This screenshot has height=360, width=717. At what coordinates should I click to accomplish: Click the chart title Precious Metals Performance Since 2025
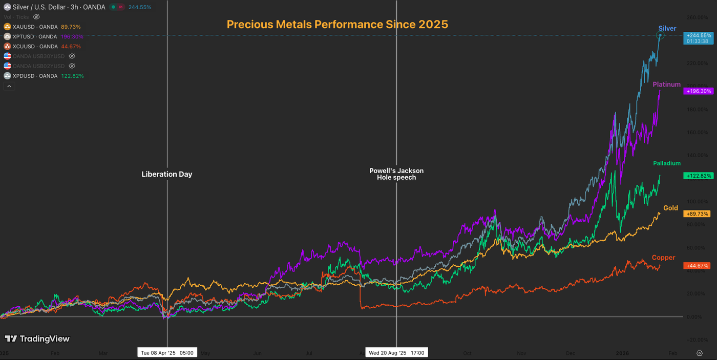click(x=337, y=24)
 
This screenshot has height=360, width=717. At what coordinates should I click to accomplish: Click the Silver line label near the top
click(x=667, y=29)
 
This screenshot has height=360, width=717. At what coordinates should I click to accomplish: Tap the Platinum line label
click(x=666, y=84)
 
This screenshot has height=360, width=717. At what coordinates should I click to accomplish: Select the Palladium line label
click(x=666, y=163)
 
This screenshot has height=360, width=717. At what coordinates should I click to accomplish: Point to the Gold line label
click(x=670, y=208)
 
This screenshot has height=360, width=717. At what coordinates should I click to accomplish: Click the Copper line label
click(x=663, y=258)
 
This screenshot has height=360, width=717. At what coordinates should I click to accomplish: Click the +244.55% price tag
click(x=697, y=35)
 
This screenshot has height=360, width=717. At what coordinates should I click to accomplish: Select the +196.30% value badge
click(x=697, y=91)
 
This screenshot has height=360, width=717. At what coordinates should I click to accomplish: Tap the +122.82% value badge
click(x=697, y=176)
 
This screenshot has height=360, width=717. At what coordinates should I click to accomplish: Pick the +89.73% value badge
click(x=697, y=214)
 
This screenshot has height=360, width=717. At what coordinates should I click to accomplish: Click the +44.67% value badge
click(x=697, y=266)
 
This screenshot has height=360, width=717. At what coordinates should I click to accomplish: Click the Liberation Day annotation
click(x=167, y=174)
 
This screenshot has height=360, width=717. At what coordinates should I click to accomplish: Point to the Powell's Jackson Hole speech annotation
click(x=396, y=174)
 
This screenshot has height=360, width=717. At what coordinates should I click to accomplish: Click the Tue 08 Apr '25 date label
click(x=167, y=353)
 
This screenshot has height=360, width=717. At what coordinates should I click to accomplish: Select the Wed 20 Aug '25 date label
click(x=396, y=353)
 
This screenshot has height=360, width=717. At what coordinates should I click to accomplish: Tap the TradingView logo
click(x=37, y=338)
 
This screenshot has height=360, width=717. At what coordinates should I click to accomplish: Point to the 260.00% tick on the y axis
click(x=698, y=17)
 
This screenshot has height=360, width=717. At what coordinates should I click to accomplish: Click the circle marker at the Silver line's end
click(x=660, y=35)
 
